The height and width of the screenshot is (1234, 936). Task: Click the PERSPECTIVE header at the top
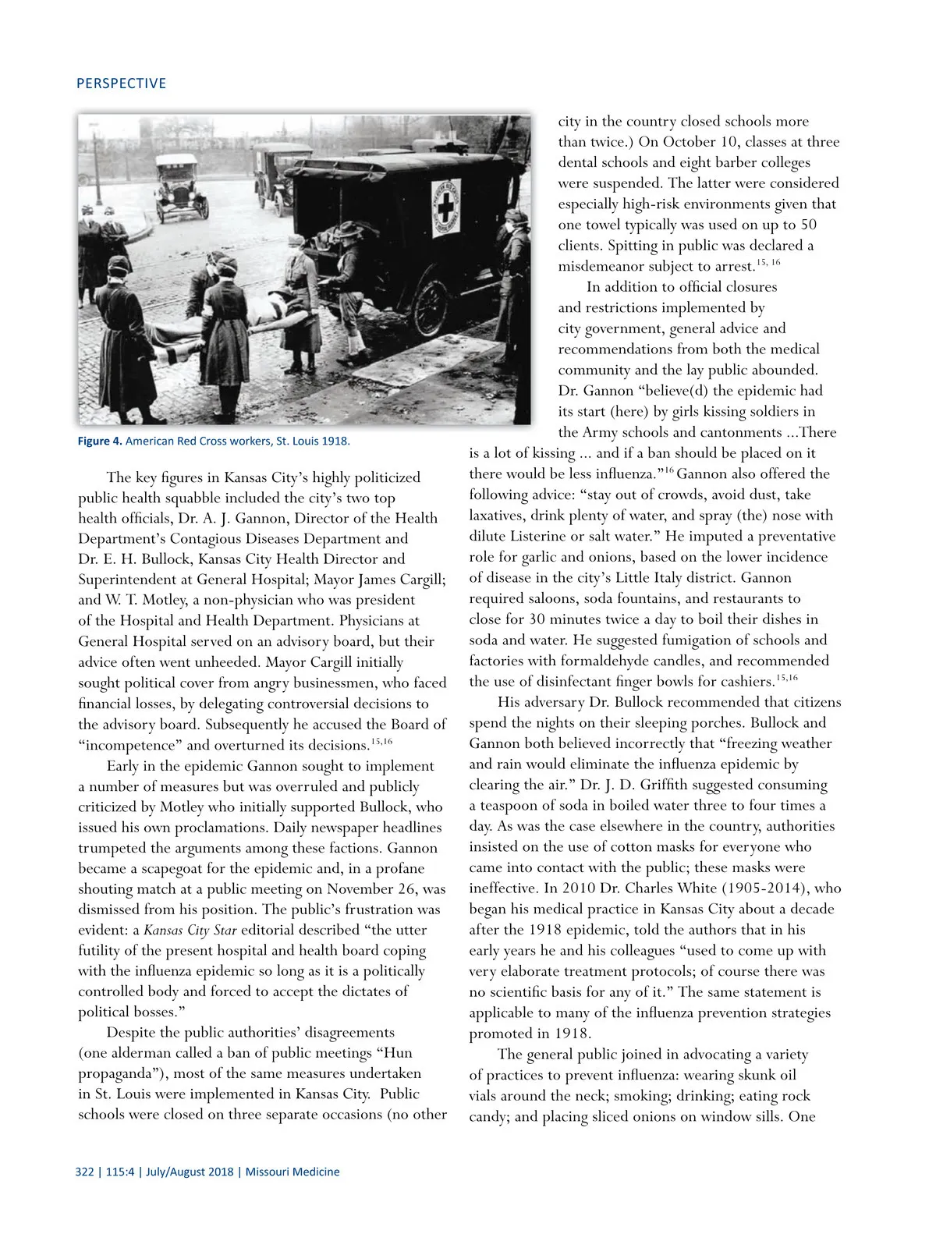click(x=121, y=83)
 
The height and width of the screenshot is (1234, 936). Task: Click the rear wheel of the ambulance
click(x=430, y=307)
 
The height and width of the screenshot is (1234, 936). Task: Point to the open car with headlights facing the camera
click(x=181, y=188)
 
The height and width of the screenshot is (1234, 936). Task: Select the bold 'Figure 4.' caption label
click(x=100, y=441)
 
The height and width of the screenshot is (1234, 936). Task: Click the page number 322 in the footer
click(x=84, y=1172)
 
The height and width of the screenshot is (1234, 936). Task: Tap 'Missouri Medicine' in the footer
click(x=292, y=1172)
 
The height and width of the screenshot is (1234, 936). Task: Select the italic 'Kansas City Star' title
click(x=190, y=930)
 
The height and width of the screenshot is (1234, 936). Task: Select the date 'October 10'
click(x=698, y=142)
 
